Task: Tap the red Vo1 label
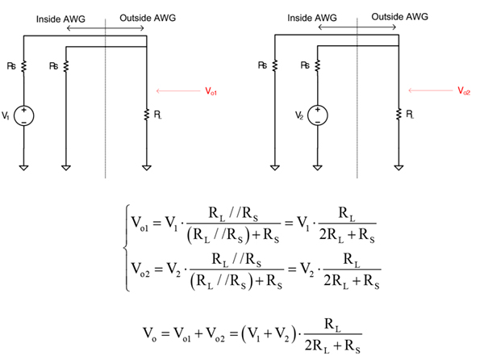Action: point(211,92)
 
